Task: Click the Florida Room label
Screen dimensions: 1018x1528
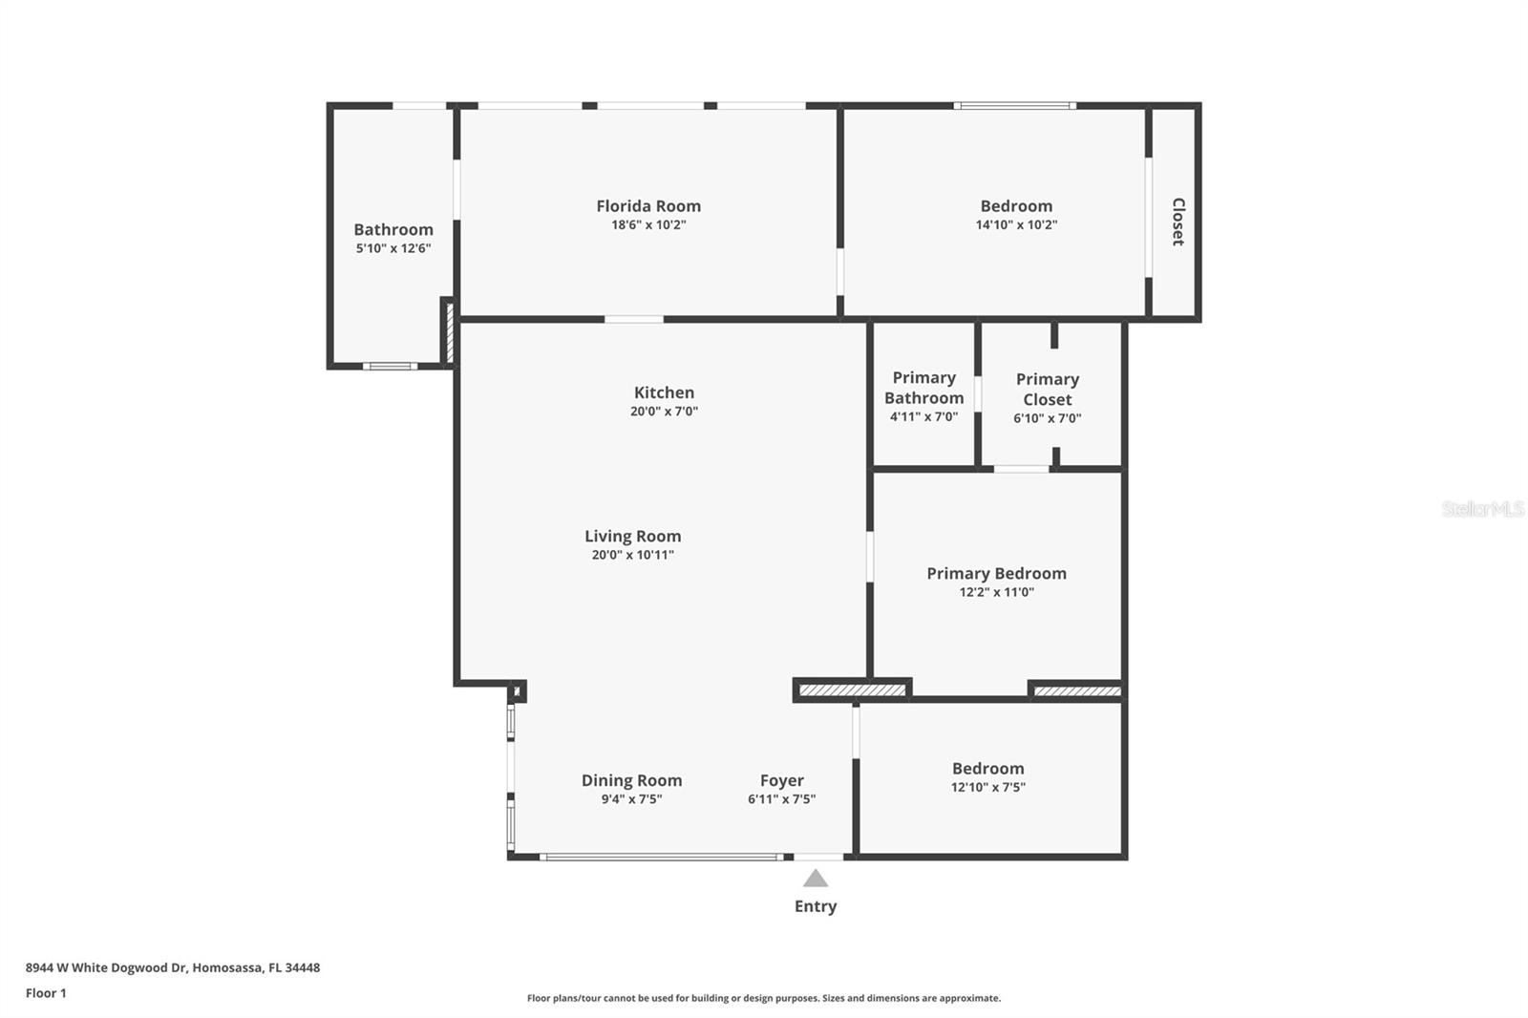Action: click(648, 206)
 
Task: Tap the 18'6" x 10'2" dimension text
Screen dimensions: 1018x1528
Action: click(648, 225)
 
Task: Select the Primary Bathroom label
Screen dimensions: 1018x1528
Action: click(923, 388)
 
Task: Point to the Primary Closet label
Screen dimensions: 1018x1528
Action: click(1047, 390)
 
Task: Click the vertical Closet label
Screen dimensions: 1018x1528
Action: click(1178, 222)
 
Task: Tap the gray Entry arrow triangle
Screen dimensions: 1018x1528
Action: click(815, 879)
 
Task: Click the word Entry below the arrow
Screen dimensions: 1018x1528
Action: click(815, 906)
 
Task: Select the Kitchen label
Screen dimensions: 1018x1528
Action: click(664, 392)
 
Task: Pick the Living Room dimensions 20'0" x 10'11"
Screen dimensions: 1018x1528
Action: click(632, 555)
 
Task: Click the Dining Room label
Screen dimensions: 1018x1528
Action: click(631, 780)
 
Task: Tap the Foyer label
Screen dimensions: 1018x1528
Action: click(781, 780)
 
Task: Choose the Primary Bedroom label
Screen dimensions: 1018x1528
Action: click(996, 573)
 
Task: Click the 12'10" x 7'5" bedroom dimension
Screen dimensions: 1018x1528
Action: click(987, 788)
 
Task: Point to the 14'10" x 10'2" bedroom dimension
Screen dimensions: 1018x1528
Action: click(1016, 225)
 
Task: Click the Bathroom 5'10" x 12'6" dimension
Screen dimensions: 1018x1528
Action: click(393, 248)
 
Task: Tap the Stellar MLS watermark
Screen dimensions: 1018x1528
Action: click(1482, 509)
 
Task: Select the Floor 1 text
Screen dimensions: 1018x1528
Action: click(46, 993)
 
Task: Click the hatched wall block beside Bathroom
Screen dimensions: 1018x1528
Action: click(448, 331)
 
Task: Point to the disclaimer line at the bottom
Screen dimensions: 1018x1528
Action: click(764, 998)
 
